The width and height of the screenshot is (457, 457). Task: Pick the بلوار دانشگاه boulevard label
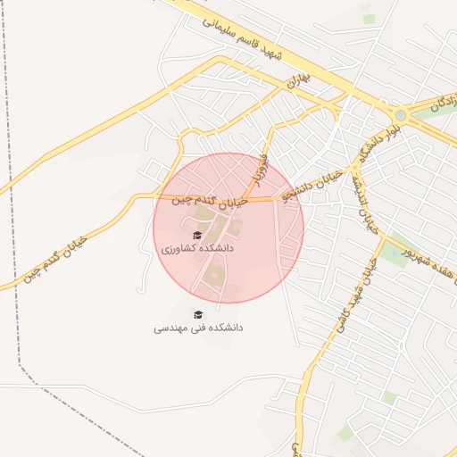click(x=376, y=138)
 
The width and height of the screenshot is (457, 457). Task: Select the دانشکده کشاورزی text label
click(x=197, y=249)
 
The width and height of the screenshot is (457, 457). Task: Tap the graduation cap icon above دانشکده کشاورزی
click(x=197, y=235)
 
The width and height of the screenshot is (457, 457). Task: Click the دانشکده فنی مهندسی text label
click(x=198, y=328)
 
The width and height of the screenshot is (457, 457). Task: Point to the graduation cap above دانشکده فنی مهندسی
click(x=198, y=313)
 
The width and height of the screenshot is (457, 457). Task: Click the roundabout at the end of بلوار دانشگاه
click(x=399, y=114)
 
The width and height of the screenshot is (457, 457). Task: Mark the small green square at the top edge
click(x=369, y=18)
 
